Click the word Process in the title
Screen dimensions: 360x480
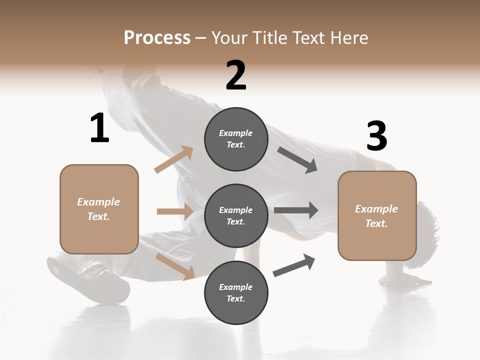click(157, 38)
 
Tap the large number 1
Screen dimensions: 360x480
click(99, 128)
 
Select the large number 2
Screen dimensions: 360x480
click(236, 75)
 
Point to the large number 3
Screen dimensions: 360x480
click(376, 137)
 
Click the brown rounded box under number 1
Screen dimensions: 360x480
click(99, 209)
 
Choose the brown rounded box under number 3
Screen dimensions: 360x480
click(377, 215)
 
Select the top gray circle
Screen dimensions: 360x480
click(236, 139)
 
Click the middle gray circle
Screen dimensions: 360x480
click(236, 215)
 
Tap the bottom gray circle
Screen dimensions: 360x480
click(236, 292)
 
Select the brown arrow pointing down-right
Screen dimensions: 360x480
click(175, 266)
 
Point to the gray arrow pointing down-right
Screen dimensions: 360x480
click(297, 160)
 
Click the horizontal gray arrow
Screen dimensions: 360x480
click(296, 210)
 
